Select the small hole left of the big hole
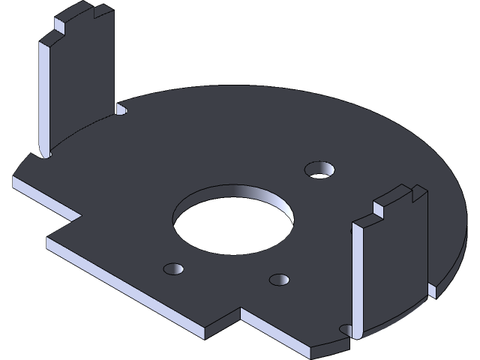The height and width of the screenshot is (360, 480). tap(173, 268)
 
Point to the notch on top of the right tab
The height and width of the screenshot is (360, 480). tap(415, 195)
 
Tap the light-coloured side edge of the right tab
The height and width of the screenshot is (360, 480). tap(358, 277)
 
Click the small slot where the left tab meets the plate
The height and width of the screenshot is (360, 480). tap(122, 109)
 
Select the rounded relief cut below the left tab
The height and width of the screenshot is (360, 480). tap(42, 154)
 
